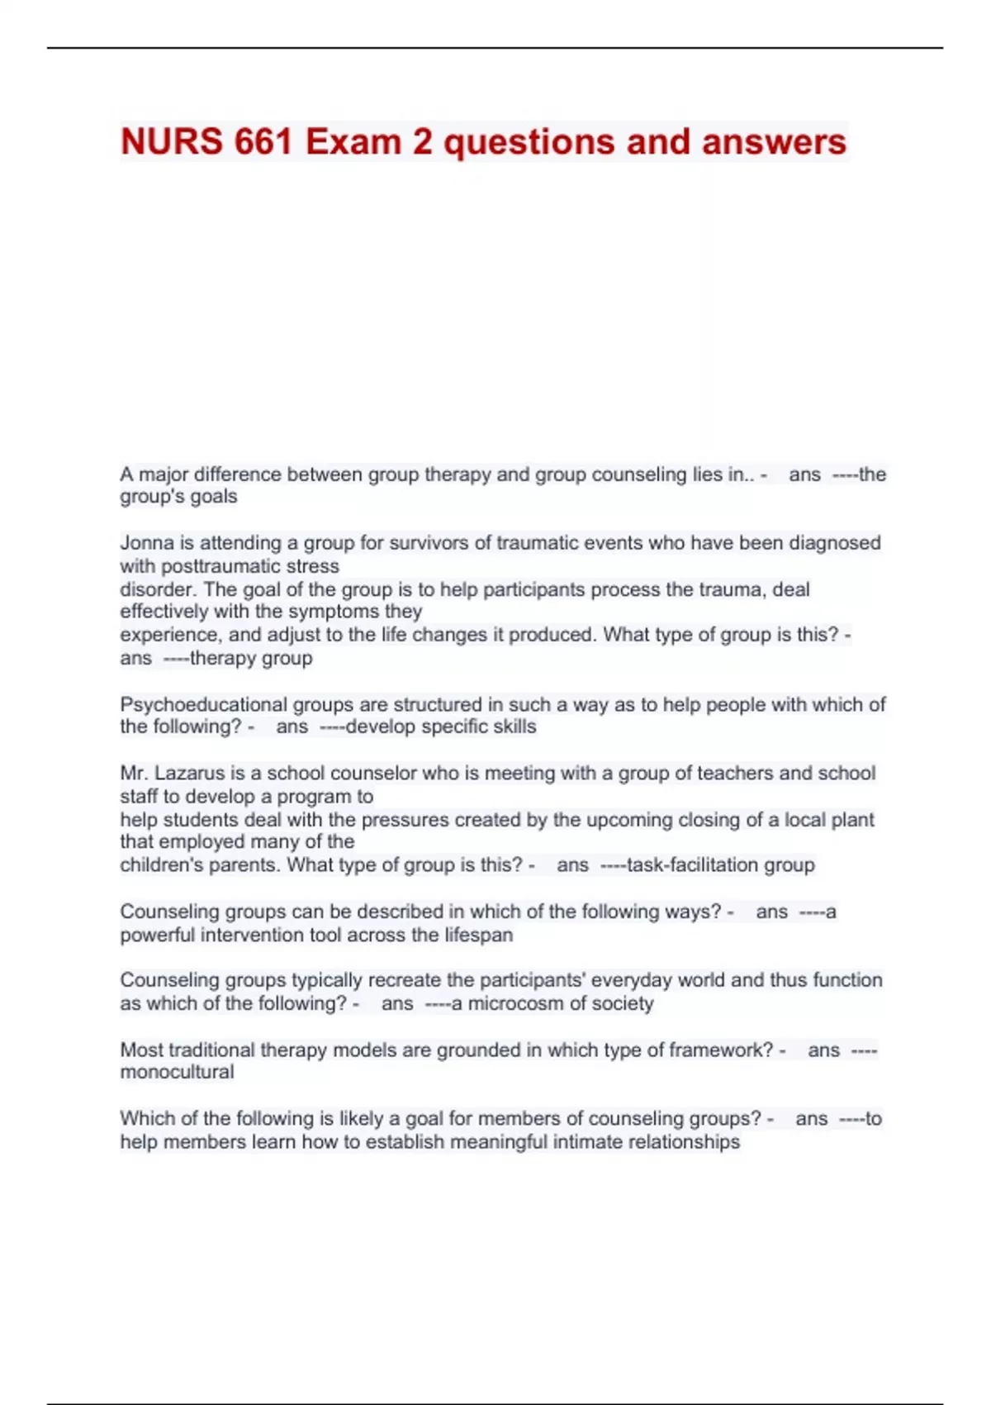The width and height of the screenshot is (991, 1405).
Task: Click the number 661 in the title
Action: point(263,142)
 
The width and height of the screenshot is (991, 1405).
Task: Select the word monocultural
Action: point(177,1072)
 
